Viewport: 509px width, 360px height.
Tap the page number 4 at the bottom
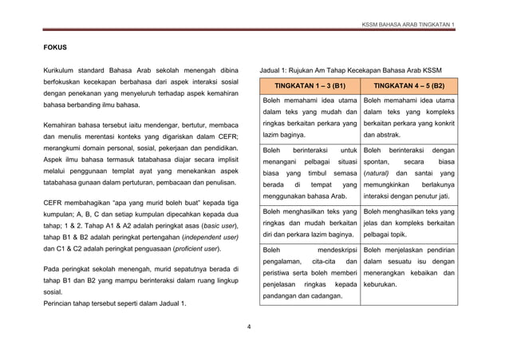[249, 326]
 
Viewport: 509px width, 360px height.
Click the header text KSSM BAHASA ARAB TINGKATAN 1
[408, 24]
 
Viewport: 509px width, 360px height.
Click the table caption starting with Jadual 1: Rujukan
[350, 69]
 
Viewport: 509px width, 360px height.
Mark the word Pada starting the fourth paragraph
[52, 270]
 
